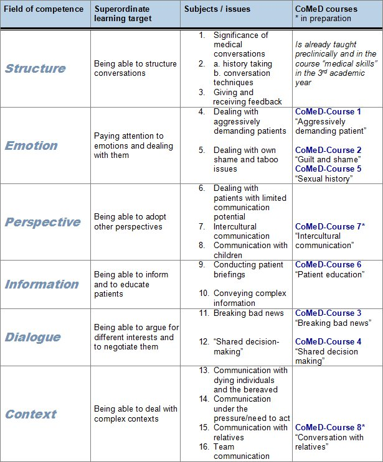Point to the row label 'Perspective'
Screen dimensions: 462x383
[x=43, y=222]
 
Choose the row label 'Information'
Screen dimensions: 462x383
[x=42, y=284]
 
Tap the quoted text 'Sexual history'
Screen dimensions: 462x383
[x=324, y=178]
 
